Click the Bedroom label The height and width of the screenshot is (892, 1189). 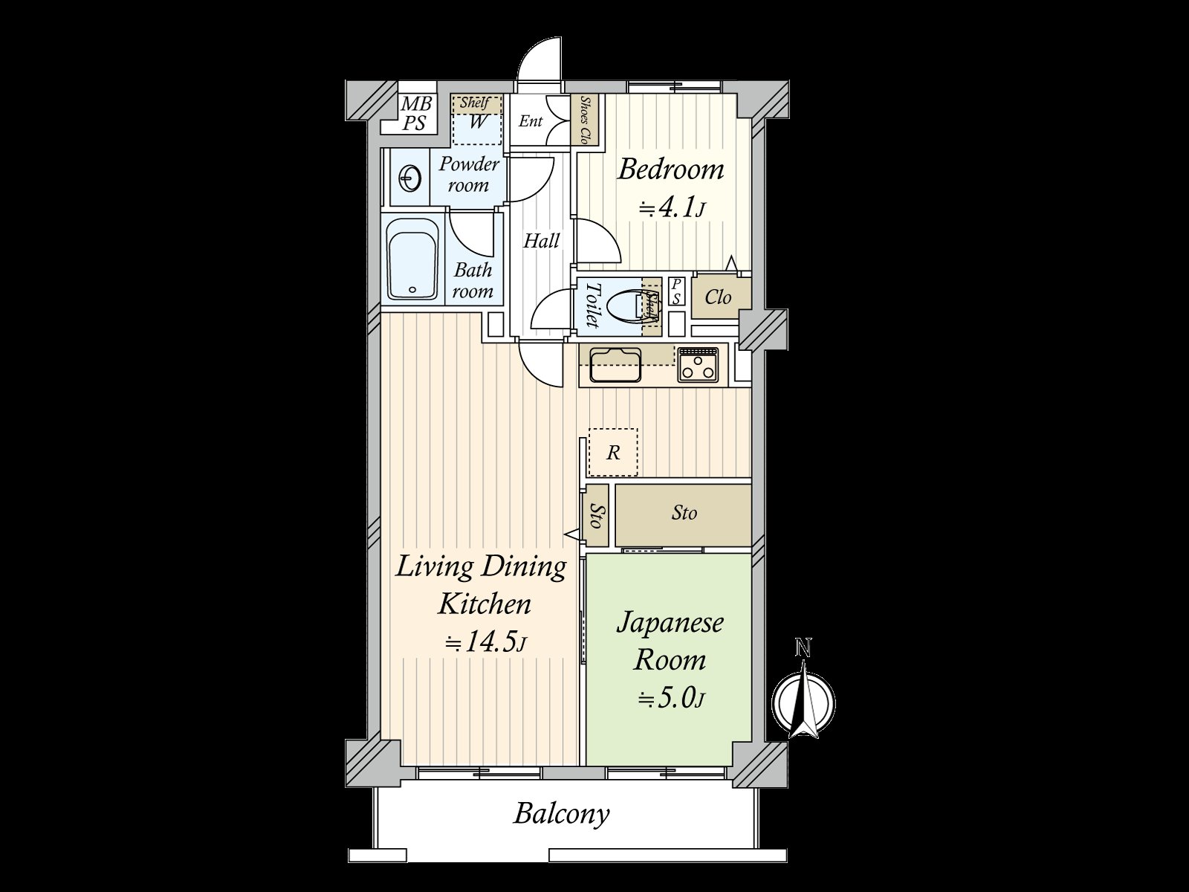(x=670, y=169)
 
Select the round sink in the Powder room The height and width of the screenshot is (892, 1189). (x=410, y=178)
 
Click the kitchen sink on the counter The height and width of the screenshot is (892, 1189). (x=615, y=365)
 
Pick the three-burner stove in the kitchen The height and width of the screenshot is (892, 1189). (x=699, y=364)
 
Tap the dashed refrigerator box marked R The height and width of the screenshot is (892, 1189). (x=612, y=453)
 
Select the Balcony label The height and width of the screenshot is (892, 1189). (x=562, y=829)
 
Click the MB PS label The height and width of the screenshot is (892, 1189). (x=415, y=113)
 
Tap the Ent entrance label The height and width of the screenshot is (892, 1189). (x=531, y=120)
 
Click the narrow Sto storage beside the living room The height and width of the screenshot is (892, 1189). (x=595, y=516)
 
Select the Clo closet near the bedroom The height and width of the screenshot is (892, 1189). (x=719, y=297)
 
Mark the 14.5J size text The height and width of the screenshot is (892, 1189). (x=485, y=641)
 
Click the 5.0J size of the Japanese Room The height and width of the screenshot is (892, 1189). (x=670, y=699)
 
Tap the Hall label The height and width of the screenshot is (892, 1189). (x=541, y=240)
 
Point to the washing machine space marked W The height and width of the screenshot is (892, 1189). (x=476, y=120)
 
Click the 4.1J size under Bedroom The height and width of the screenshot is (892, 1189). (x=673, y=209)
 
